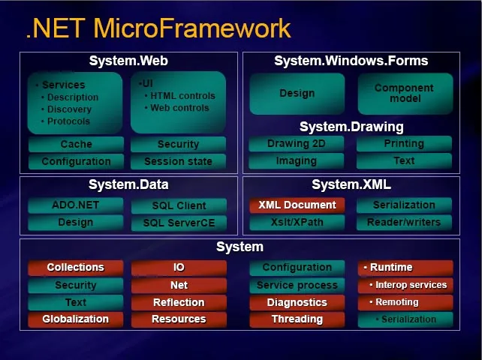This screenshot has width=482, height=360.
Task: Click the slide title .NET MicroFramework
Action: pos(158,28)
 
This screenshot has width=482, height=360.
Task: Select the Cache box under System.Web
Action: pos(76,144)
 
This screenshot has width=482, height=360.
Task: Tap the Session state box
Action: pos(179,161)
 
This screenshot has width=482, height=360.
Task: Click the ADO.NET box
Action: pos(76,205)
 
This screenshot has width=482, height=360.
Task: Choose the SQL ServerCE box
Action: pos(179,223)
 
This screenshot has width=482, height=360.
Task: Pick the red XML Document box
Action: pos(297,205)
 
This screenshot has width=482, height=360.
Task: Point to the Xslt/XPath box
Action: pos(297,222)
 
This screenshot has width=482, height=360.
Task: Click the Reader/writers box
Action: pos(404,222)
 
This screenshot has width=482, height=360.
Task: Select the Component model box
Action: pos(404,94)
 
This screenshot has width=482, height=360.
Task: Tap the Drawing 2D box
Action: pos(296,143)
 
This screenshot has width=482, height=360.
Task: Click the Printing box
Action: pos(404,143)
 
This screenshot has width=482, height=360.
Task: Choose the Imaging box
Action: pos(296,160)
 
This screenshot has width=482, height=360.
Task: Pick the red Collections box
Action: pos(76,267)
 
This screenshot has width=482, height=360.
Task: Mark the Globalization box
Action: pos(76,319)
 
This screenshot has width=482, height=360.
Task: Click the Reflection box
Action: pos(179,302)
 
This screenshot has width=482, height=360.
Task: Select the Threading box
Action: pos(297,319)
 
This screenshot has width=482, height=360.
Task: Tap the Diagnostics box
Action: pos(297,302)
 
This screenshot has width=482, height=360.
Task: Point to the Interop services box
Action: pos(406,285)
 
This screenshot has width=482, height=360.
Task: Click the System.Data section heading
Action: pos(128,184)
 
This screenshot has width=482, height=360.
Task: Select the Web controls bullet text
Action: pos(179,108)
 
